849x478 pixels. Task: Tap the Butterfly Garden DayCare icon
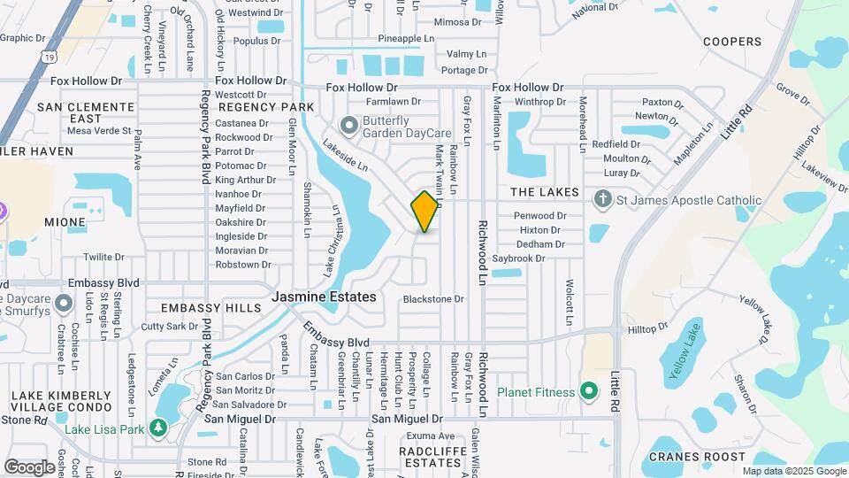(x=348, y=127)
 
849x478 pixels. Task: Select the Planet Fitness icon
(x=589, y=392)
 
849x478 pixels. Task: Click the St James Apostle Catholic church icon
(x=602, y=199)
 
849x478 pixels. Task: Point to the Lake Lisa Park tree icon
(x=158, y=428)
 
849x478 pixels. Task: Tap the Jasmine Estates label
(x=325, y=297)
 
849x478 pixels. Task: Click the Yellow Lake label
(x=684, y=353)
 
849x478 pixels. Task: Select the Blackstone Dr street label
(x=433, y=299)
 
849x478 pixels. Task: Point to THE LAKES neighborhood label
(x=545, y=192)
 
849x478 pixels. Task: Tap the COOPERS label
(x=731, y=42)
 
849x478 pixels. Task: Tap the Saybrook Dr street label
(x=519, y=258)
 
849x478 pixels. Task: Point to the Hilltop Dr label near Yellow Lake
(x=647, y=328)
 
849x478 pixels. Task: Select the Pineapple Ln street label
(x=406, y=39)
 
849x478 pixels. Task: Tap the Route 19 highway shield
(x=47, y=58)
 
